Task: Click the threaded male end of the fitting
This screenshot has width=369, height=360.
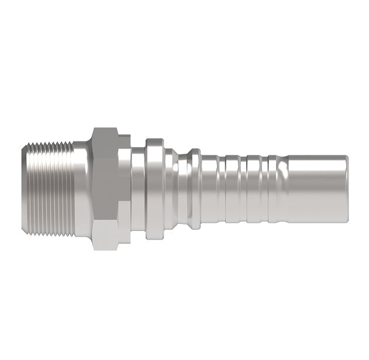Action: pos(50,188)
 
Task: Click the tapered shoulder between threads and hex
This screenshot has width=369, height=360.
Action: pos(82,188)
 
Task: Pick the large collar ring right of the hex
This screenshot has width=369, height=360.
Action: pos(154,188)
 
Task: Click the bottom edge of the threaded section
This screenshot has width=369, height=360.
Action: pos(50,234)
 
